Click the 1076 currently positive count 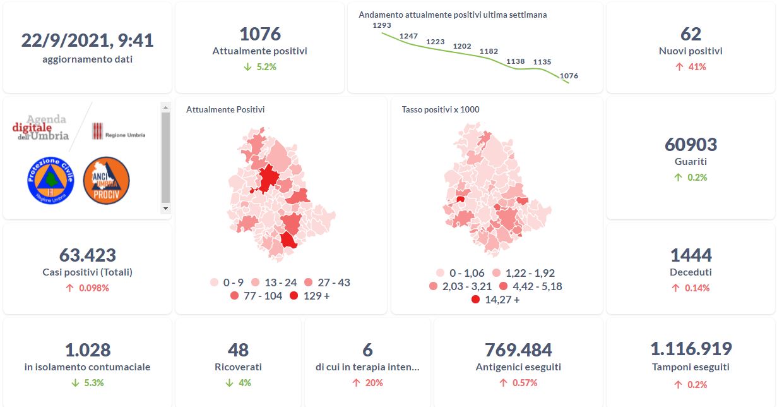pos(259,34)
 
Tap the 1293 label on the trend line pos(382,25)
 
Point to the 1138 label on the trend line pos(516,61)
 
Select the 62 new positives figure pos(691,34)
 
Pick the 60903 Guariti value pos(691,145)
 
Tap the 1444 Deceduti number pos(691,255)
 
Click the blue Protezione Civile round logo pos(51,180)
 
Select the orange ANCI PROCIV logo pos(106,180)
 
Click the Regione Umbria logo pos(119,131)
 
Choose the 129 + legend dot pos(294,296)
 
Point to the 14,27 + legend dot pos(475,300)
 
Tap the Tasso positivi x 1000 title pos(440,109)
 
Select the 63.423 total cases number pos(87,255)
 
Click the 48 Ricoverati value pos(238,349)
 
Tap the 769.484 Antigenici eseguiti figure pos(518,349)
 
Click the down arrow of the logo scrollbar pos(165,208)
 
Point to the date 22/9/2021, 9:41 pos(87,40)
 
